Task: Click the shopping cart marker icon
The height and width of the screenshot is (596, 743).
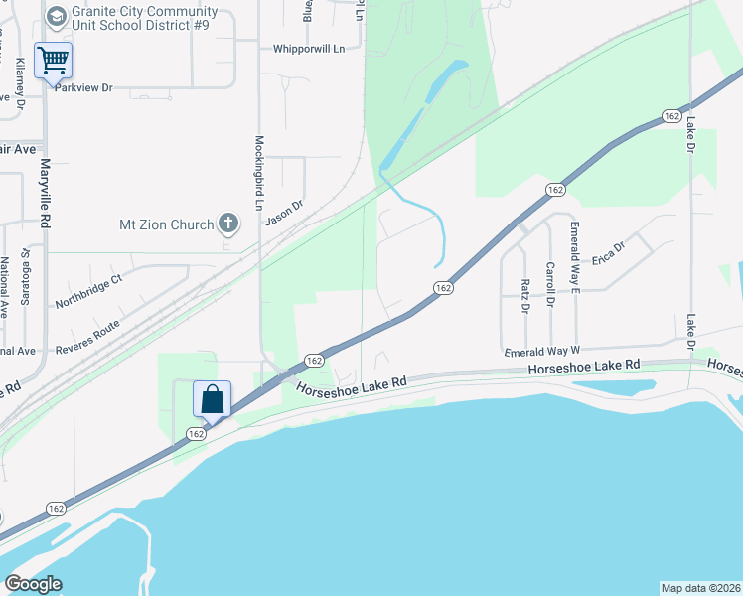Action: click(53, 60)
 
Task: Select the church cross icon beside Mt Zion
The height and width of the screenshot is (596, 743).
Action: click(228, 223)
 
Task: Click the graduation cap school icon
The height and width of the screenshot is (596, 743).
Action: click(56, 16)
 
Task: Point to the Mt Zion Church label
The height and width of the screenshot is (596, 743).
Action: click(165, 224)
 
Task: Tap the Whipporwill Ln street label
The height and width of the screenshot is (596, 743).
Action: click(309, 48)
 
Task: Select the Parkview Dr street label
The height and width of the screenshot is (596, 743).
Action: click(84, 88)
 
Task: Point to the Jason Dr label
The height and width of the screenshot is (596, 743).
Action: click(283, 213)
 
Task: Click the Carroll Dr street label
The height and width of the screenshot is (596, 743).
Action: click(549, 283)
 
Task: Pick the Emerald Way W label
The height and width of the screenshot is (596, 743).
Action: click(541, 352)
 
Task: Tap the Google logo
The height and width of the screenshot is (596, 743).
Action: click(33, 584)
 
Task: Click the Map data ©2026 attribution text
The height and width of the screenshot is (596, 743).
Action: click(700, 587)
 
